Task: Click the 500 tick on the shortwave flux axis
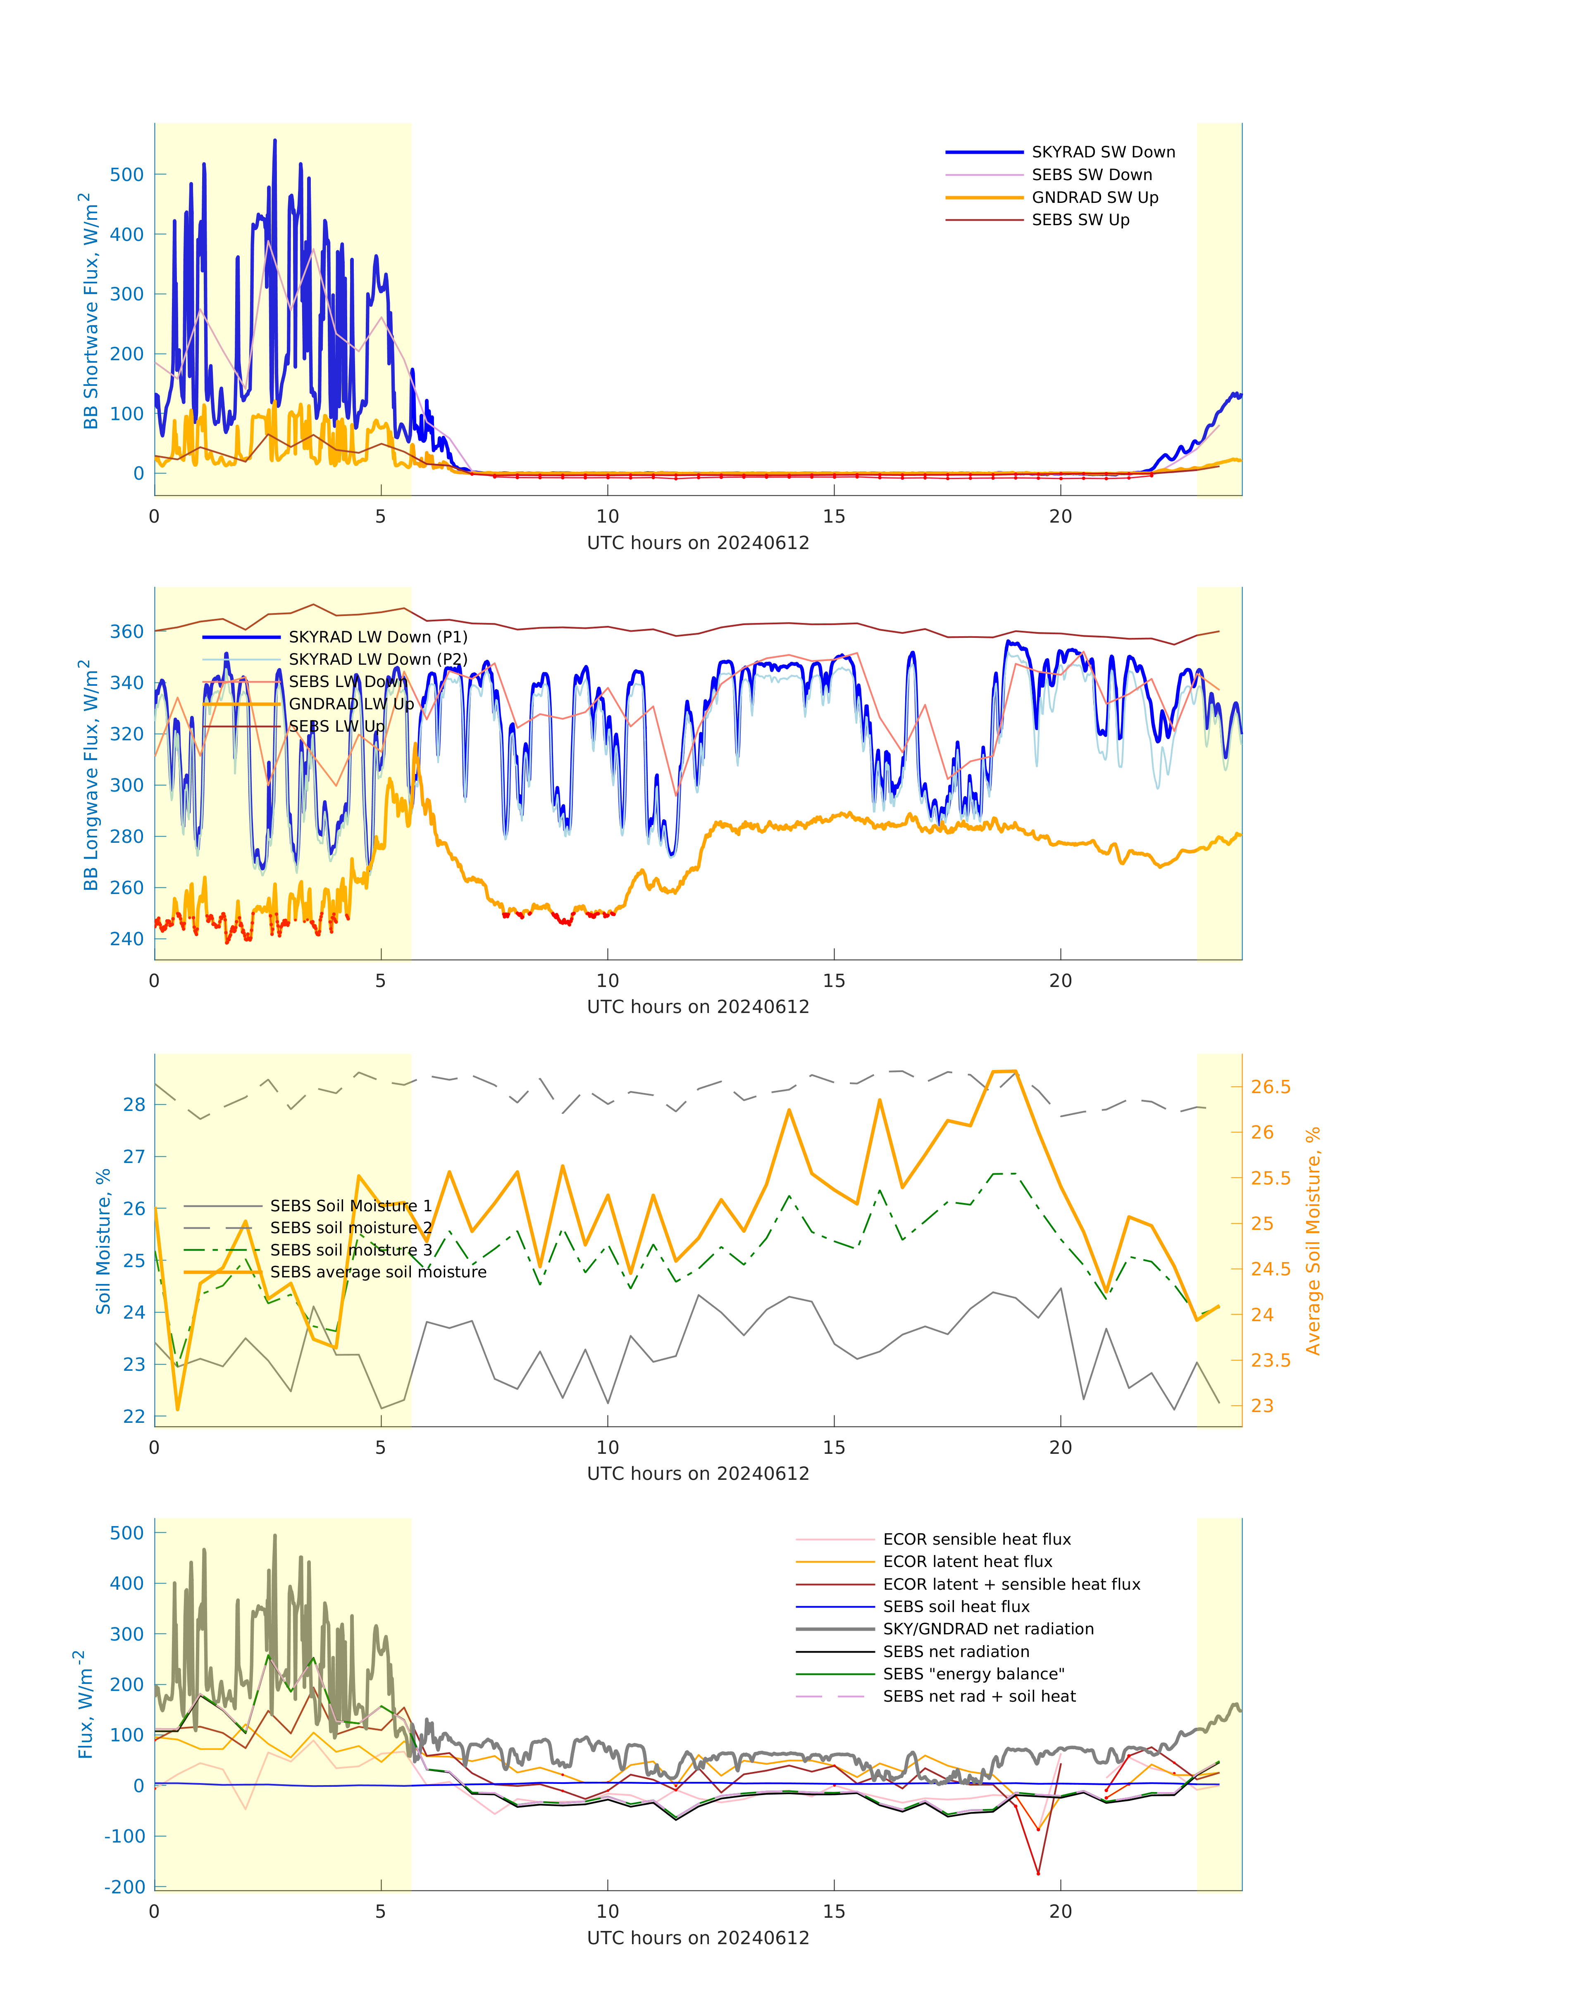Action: (127, 175)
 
